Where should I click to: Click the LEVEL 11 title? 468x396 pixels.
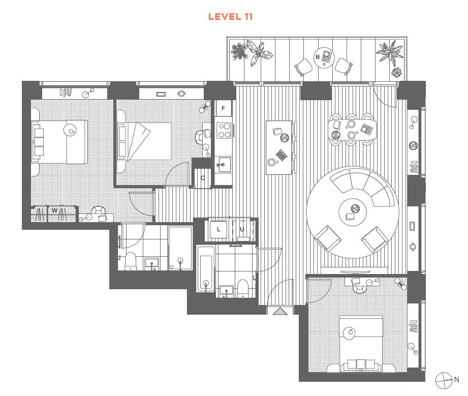pos(230,17)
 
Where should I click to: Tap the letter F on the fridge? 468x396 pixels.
pos(223,108)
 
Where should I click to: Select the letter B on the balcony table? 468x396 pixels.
pos(318,57)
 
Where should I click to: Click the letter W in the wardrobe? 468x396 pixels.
pos(54,210)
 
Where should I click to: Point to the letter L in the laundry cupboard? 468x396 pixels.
pos(219,229)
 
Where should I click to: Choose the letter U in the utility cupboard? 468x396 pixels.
pos(242,229)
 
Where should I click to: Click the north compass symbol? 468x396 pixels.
pos(444,380)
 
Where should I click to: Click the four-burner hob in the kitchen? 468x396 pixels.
pos(224,131)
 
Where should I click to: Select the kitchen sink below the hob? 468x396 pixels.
pos(224,165)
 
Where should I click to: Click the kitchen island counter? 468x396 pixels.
pos(279,147)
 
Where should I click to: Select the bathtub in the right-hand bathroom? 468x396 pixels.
pos(206,269)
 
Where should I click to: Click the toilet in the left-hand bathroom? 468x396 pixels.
pos(131,261)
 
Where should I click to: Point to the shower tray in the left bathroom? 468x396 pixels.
pos(180,248)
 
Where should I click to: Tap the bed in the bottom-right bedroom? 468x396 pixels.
pos(361,344)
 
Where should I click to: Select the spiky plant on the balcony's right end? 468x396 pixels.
pos(390,52)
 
